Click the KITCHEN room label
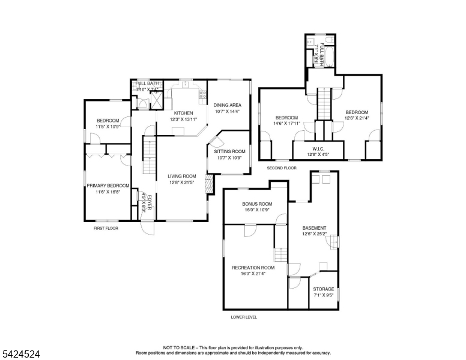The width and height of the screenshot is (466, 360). tap(183, 113)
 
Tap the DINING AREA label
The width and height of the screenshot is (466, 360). tap(227, 104)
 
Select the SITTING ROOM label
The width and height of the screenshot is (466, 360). tap(229, 151)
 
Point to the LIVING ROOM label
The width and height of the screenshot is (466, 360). tap(182, 176)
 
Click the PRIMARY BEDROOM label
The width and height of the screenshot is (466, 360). tap(108, 185)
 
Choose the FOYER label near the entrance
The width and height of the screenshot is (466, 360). tap(150, 200)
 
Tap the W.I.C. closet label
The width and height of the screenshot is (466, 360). tap(318, 149)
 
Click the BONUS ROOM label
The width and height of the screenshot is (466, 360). tap(257, 204)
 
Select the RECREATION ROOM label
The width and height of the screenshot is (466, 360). tap(253, 268)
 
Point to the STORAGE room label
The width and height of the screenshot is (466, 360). tap(324, 289)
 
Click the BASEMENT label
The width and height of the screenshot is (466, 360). tap(314, 228)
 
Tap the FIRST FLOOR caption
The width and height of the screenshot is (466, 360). tap(106, 228)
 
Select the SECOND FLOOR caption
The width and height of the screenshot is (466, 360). tap(282, 168)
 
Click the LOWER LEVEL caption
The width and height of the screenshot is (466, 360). tap(244, 317)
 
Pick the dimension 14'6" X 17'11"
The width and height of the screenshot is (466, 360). tap(286, 123)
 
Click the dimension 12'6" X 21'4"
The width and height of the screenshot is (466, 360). tap(357, 118)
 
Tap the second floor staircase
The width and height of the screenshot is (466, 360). tap(324, 103)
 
